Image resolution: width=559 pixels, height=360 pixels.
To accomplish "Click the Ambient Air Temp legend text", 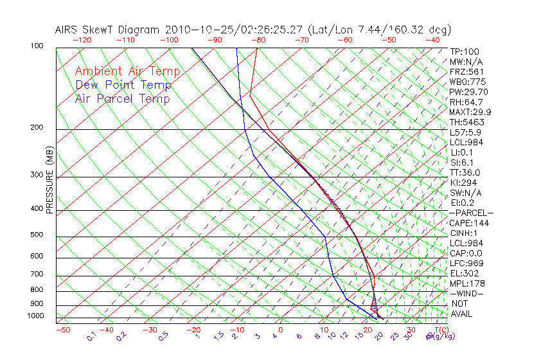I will pos(127,71).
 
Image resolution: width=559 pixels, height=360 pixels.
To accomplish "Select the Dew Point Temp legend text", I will pos(123,85).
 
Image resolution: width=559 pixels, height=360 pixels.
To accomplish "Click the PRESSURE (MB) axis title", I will pos(49,179).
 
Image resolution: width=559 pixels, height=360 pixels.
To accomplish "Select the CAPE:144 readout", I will pos(469,223).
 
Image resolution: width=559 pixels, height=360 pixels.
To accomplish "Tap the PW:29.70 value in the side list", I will pos(469,92).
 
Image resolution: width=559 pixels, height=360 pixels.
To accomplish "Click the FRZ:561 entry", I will pos(467,72).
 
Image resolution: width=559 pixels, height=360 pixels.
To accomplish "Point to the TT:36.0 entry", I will pos(466,172).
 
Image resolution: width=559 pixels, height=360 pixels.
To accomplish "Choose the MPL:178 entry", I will pos(467,283).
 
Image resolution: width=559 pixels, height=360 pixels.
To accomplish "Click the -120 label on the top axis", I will pos(82,40).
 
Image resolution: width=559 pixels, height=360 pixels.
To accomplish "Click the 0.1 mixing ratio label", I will pos(91,336).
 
